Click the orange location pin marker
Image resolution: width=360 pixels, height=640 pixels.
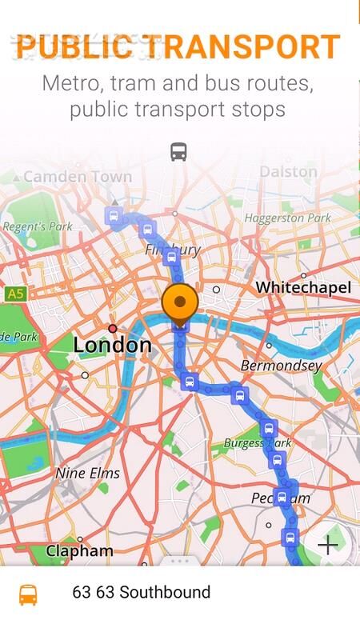pos(180,302)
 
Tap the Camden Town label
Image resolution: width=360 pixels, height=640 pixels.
pos(78,177)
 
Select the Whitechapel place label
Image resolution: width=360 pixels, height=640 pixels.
pos(303,287)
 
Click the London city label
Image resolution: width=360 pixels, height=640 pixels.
pos(112,345)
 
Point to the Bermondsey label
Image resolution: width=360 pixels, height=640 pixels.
pos(282,366)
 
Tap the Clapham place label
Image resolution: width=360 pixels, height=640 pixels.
pos(79,551)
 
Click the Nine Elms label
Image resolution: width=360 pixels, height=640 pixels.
pos(88,473)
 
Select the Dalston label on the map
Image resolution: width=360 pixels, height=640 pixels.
pos(289,171)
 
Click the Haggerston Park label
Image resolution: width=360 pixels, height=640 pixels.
pos(288,218)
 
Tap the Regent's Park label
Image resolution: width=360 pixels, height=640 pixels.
pos(38,226)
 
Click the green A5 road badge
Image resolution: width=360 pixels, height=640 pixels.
pos(15,294)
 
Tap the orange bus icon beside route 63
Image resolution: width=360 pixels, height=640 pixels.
pos(28,594)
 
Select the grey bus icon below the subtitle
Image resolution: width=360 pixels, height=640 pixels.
pos(179,152)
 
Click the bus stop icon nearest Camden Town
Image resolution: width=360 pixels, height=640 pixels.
pos(114,217)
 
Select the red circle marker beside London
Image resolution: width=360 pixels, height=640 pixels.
pos(113,328)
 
